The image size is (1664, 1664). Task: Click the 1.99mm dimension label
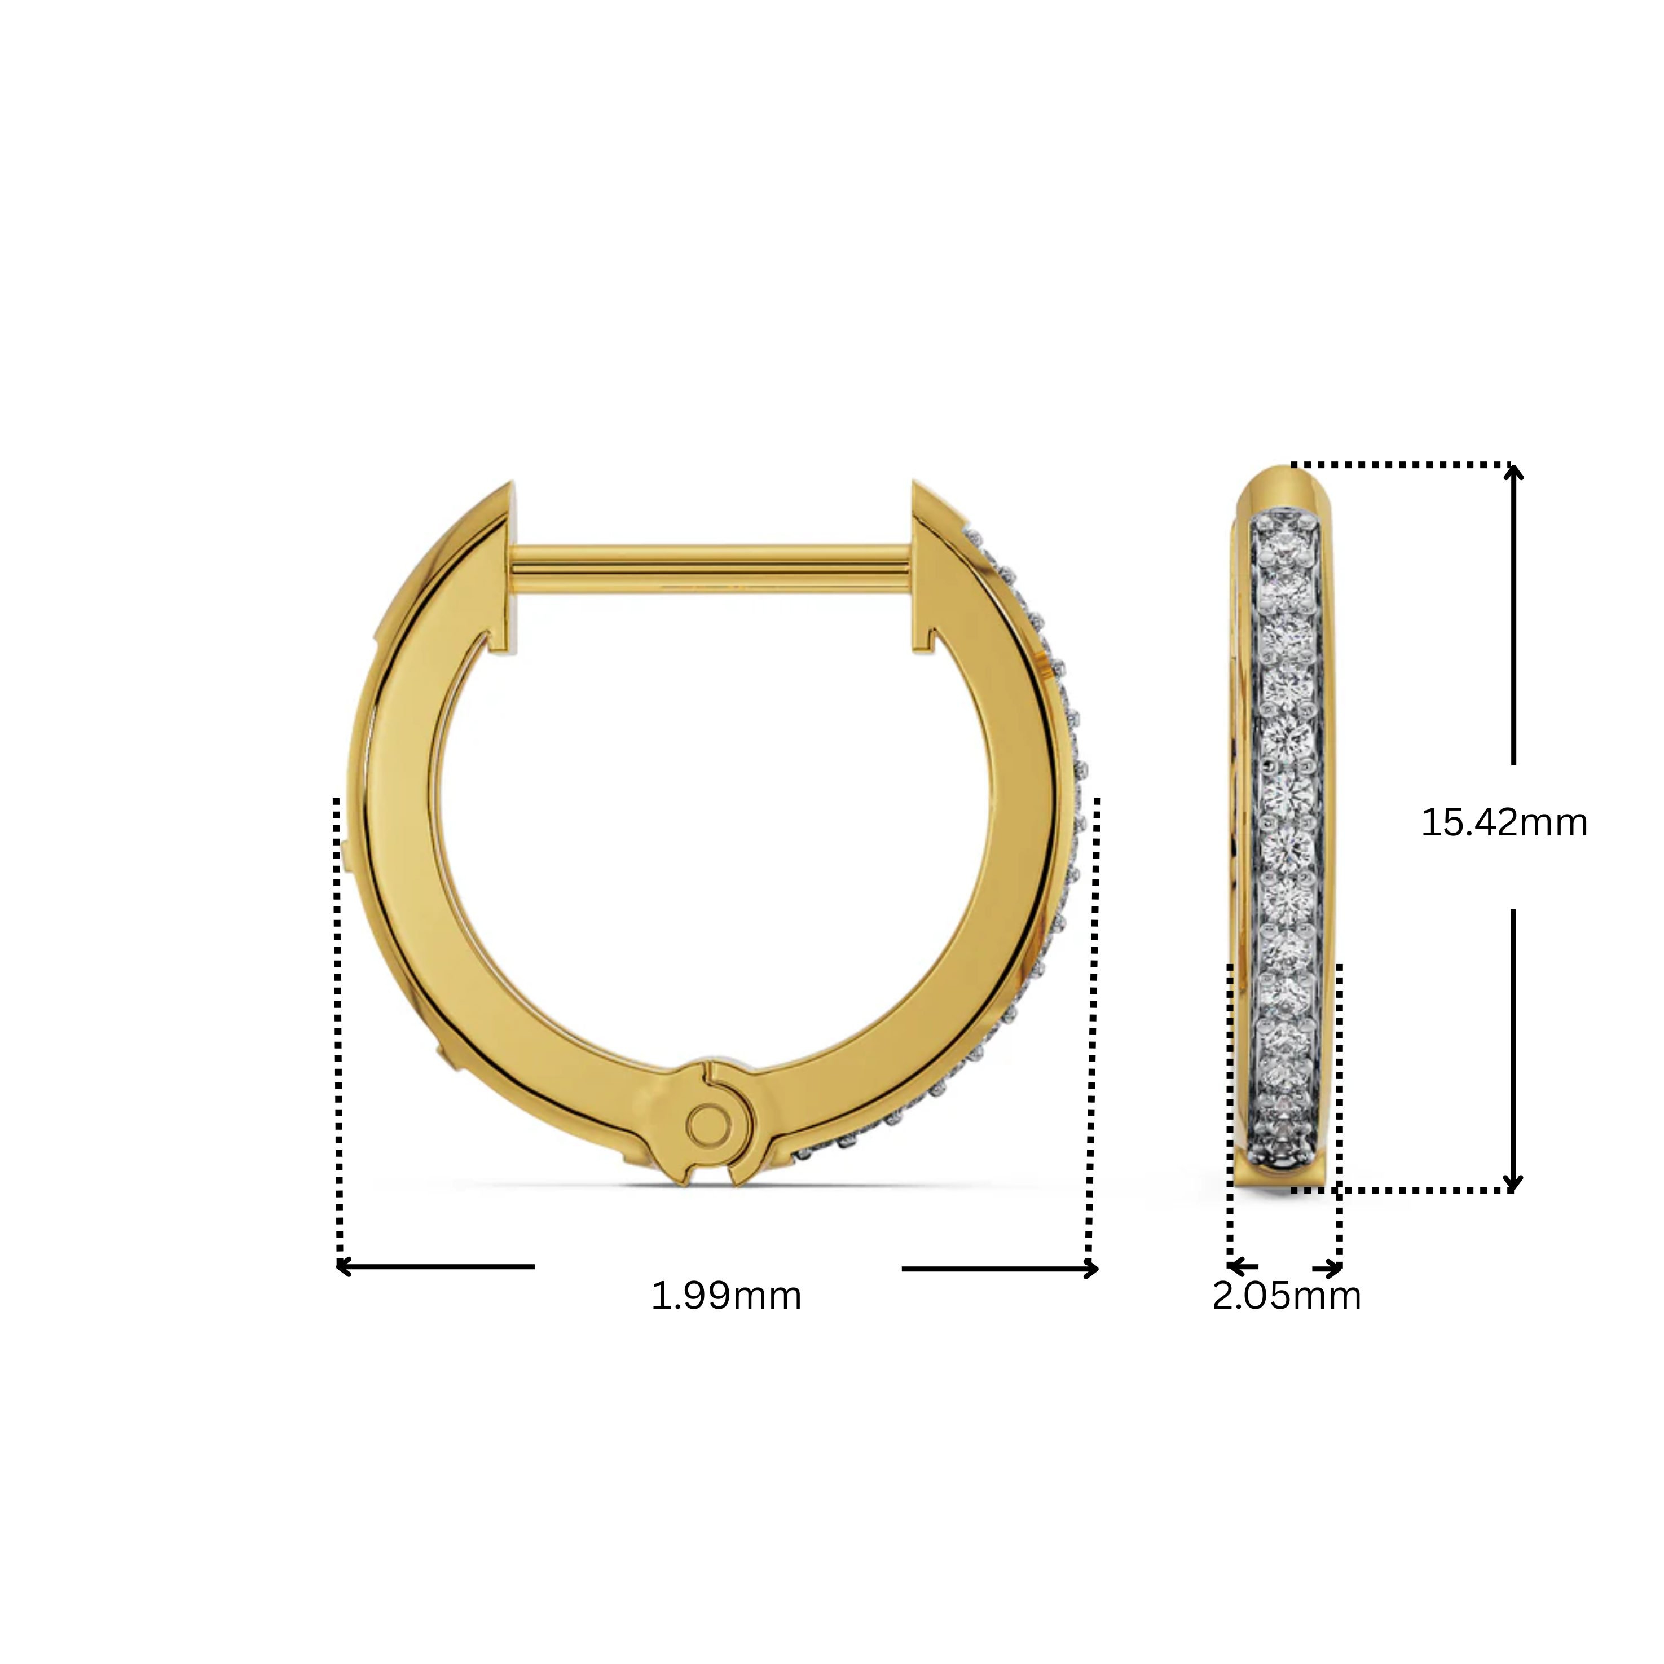tap(726, 1295)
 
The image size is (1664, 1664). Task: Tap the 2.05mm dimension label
tap(1287, 1295)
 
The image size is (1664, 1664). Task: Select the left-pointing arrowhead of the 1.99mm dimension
tap(343, 1267)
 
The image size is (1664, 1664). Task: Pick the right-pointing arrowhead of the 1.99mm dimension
tap(1092, 1269)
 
